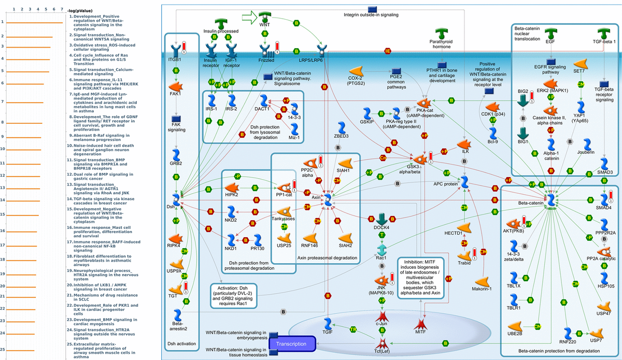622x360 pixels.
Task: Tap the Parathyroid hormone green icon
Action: [442, 34]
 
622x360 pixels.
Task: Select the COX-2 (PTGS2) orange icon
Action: [356, 70]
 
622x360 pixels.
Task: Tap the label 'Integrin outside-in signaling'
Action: [371, 15]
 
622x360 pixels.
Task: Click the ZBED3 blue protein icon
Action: [341, 128]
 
